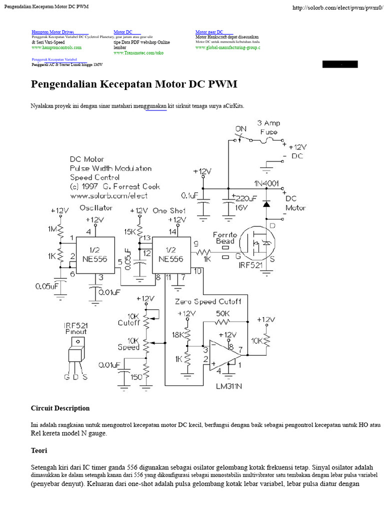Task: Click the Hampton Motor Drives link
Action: (x=53, y=32)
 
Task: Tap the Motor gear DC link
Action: (x=209, y=32)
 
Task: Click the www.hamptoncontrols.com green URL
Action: (x=56, y=47)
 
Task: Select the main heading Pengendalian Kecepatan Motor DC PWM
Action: (x=134, y=84)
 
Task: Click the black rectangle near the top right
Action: (x=340, y=64)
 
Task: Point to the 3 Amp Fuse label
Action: (x=268, y=127)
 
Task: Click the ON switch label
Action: (x=241, y=128)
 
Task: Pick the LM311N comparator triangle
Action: (x=222, y=355)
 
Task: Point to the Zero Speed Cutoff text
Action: (x=208, y=301)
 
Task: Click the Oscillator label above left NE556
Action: (x=95, y=207)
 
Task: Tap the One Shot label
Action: (x=168, y=210)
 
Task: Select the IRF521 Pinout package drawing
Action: (x=75, y=352)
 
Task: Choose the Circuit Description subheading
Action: (x=60, y=408)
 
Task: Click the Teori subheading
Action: (x=39, y=450)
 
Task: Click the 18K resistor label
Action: (x=177, y=334)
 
